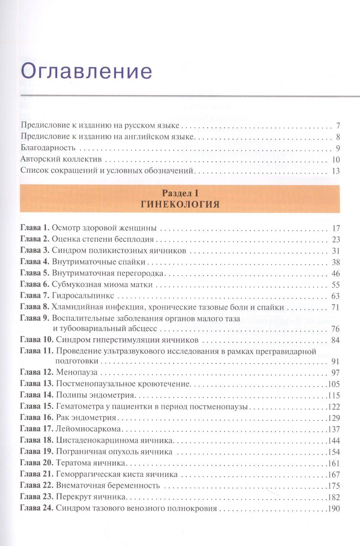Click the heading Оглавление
tap(86, 71)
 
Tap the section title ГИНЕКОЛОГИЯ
tap(180, 204)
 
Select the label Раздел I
tap(180, 193)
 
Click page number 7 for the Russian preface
tap(338, 126)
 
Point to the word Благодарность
tap(48, 148)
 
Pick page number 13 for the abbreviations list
tap(336, 171)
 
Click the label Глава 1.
tap(34, 228)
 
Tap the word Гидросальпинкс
tap(83, 296)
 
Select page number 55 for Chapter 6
tap(336, 285)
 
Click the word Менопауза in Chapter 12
tap(77, 372)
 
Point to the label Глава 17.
tap(37, 429)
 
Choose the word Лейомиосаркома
tap(88, 429)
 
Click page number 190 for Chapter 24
tap(334, 509)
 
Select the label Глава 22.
tap(37, 485)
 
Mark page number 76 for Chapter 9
tap(336, 329)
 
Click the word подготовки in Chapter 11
tap(77, 361)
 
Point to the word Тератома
tap(72, 463)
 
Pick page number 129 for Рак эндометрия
tap(334, 418)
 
